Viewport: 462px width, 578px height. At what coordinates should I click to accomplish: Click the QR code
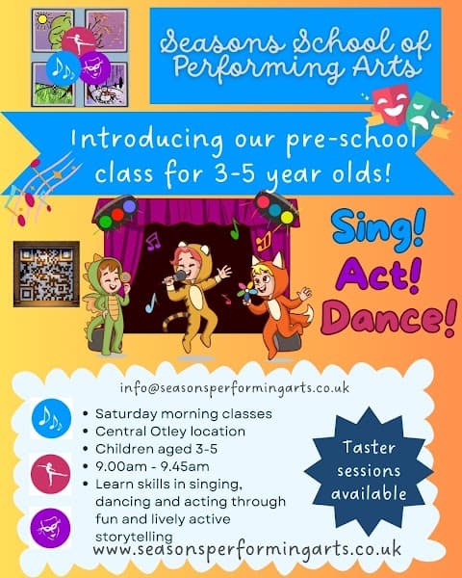(46, 275)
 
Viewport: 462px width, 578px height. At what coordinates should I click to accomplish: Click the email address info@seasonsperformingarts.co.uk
(234, 388)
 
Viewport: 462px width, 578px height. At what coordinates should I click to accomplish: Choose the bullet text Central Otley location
(166, 430)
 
